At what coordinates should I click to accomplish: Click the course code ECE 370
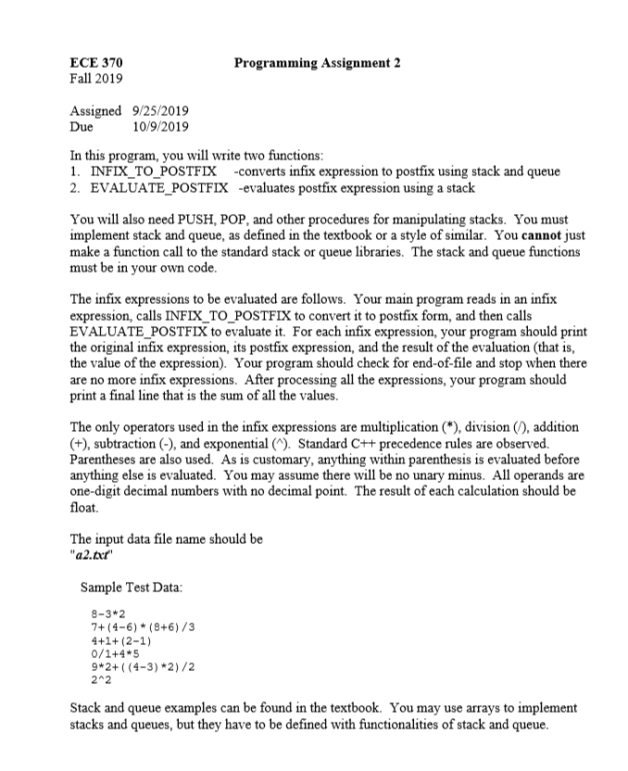point(96,62)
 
